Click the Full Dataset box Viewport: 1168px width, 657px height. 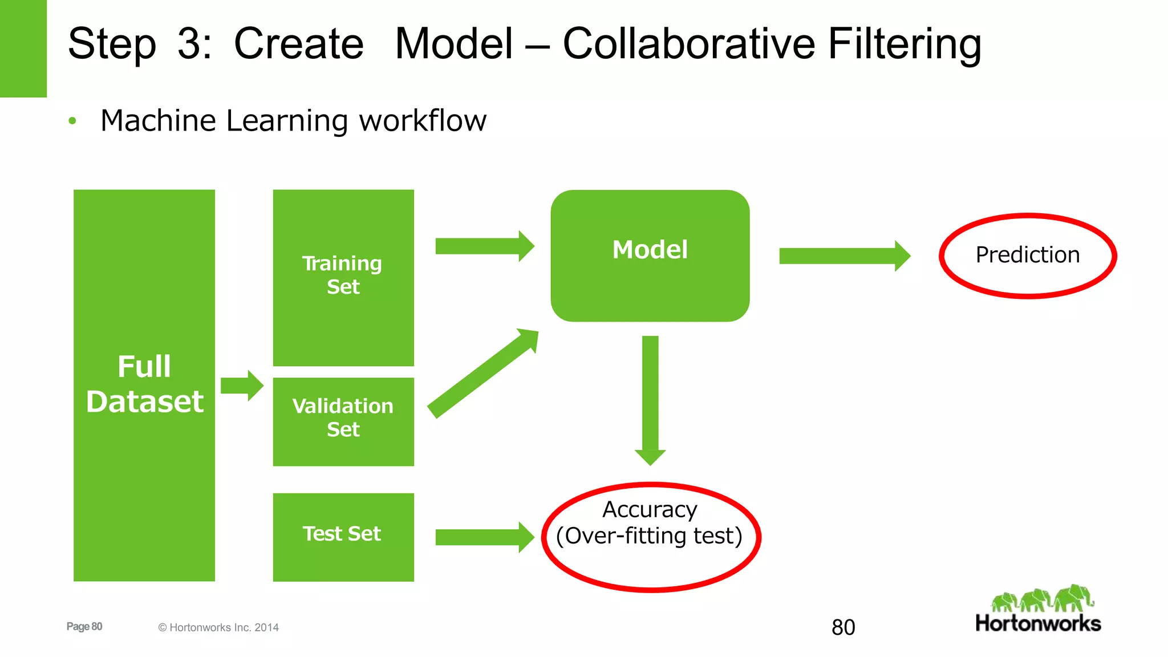(x=144, y=385)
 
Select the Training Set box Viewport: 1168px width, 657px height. (x=343, y=277)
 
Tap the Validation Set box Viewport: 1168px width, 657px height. (x=343, y=421)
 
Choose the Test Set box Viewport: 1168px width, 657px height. (x=343, y=537)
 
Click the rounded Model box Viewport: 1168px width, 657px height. (x=650, y=255)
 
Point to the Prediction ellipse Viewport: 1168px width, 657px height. (x=1028, y=255)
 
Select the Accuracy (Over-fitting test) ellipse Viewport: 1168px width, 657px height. (x=651, y=537)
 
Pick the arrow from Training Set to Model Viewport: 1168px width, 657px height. (x=484, y=246)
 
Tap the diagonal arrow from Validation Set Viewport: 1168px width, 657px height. (x=482, y=374)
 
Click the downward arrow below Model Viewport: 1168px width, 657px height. (x=650, y=399)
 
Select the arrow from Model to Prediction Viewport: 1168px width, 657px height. (x=843, y=256)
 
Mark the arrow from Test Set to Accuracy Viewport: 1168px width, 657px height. (x=484, y=537)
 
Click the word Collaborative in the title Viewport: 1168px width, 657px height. (x=688, y=44)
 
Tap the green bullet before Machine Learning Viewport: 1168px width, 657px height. (x=72, y=121)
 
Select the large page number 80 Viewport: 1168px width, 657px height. (x=843, y=627)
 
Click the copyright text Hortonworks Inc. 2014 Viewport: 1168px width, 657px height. (x=218, y=627)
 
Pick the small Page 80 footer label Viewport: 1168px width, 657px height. (x=84, y=626)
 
